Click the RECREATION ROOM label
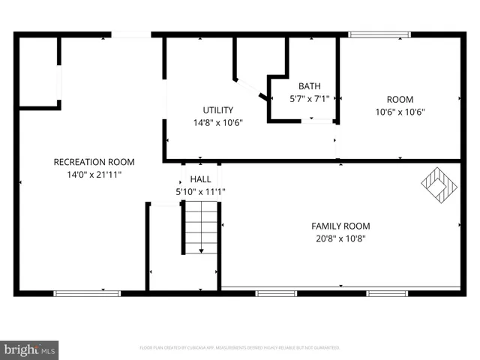pos(94,162)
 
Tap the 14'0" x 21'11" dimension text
pos(94,174)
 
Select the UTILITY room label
pos(217,110)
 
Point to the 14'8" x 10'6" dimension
pos(217,122)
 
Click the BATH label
pos(309,86)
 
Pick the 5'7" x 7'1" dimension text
pos(309,98)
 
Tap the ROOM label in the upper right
pos(400,100)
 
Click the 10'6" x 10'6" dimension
pos(400,112)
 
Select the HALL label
pos(200,179)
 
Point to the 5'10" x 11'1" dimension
pos(200,191)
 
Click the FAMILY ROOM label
pos(340,226)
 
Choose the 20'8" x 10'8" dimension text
pos(340,238)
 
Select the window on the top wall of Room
pos(379,34)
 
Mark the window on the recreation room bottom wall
pos(87,293)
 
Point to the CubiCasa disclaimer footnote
pos(240,348)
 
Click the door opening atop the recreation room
pos(131,34)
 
